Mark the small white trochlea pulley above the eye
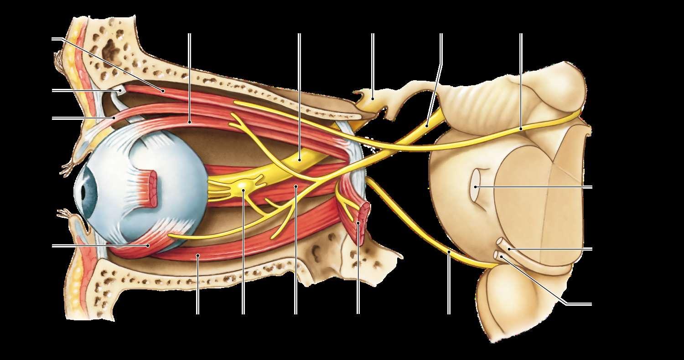tap(119, 91)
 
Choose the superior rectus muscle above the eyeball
tap(189, 122)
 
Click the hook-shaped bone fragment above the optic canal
tap(372, 97)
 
